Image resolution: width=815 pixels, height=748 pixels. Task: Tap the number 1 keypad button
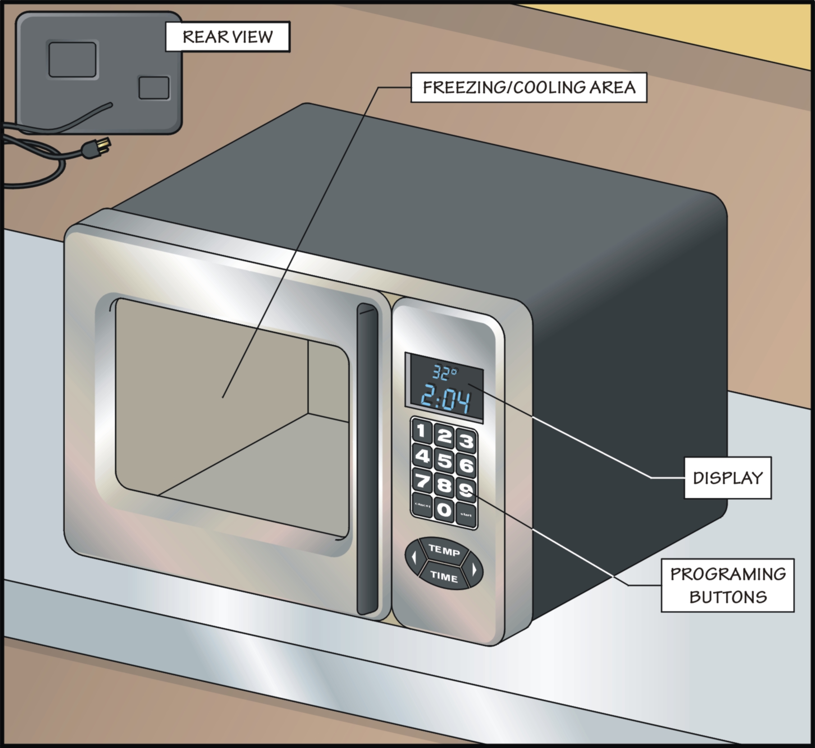point(421,431)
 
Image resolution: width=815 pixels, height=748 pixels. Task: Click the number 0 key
point(444,510)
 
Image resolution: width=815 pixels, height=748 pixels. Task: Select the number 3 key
point(467,441)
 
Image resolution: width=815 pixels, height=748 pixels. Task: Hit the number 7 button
point(422,481)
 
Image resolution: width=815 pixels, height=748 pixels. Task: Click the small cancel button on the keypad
point(422,506)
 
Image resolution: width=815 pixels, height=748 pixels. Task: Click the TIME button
point(444,576)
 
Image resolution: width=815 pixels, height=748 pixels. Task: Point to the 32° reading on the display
point(444,373)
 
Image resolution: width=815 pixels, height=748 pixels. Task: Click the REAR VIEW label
point(228,37)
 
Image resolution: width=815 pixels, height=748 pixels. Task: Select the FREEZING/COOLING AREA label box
point(529,87)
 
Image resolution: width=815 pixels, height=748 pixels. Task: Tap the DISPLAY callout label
point(728,478)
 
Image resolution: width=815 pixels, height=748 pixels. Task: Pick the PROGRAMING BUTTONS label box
point(728,586)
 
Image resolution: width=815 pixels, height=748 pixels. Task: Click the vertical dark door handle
point(367,458)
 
